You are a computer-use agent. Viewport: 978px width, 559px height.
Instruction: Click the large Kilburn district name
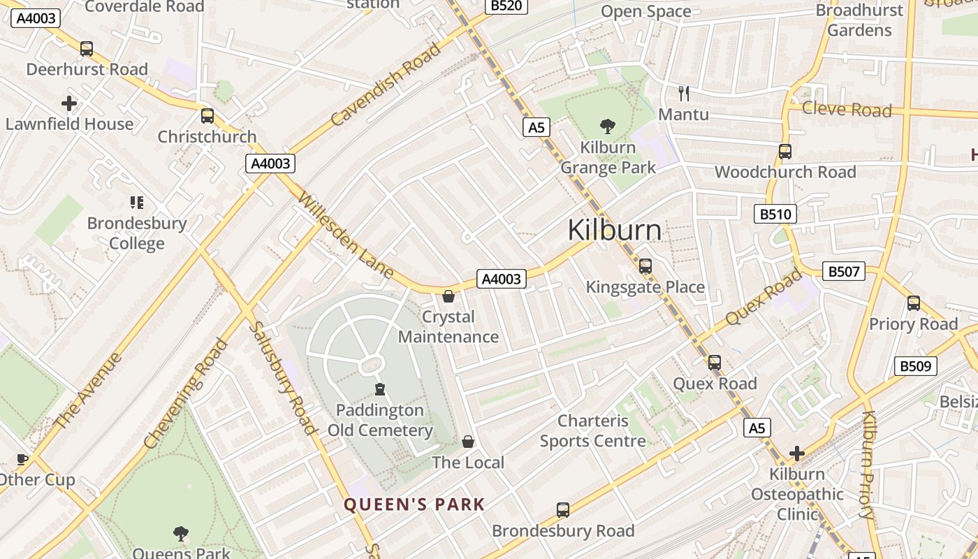coord(615,230)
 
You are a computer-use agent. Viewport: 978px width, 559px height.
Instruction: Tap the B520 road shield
coord(506,6)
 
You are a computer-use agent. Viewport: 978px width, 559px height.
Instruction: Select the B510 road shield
coord(775,214)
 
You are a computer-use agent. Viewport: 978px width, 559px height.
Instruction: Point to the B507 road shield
coord(843,271)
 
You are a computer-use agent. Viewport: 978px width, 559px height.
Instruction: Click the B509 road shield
coord(915,365)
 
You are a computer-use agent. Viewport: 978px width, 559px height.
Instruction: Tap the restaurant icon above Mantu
coord(684,93)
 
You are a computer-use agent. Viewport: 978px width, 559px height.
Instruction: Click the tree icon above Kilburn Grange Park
coord(608,126)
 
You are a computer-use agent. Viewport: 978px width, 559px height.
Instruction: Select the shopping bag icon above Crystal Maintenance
coord(448,297)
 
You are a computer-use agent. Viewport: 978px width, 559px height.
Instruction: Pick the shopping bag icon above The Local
coord(468,442)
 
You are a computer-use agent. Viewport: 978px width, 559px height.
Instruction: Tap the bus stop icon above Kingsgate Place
coord(645,266)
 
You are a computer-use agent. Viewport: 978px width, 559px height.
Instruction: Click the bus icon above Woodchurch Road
coord(785,152)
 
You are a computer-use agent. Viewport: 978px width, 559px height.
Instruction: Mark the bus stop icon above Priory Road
coord(913,303)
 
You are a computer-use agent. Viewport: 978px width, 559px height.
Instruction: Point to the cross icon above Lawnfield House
coord(69,103)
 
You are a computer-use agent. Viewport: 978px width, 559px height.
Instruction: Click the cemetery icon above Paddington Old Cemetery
coord(380,389)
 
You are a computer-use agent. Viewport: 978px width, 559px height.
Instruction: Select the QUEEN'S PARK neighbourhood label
coord(414,504)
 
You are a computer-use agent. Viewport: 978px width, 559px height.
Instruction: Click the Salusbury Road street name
coord(283,377)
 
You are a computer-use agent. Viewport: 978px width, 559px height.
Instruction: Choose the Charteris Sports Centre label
coord(593,431)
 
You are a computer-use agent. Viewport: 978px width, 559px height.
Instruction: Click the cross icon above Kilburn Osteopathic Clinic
coord(797,453)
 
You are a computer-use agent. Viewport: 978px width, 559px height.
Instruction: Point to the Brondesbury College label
coord(137,233)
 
